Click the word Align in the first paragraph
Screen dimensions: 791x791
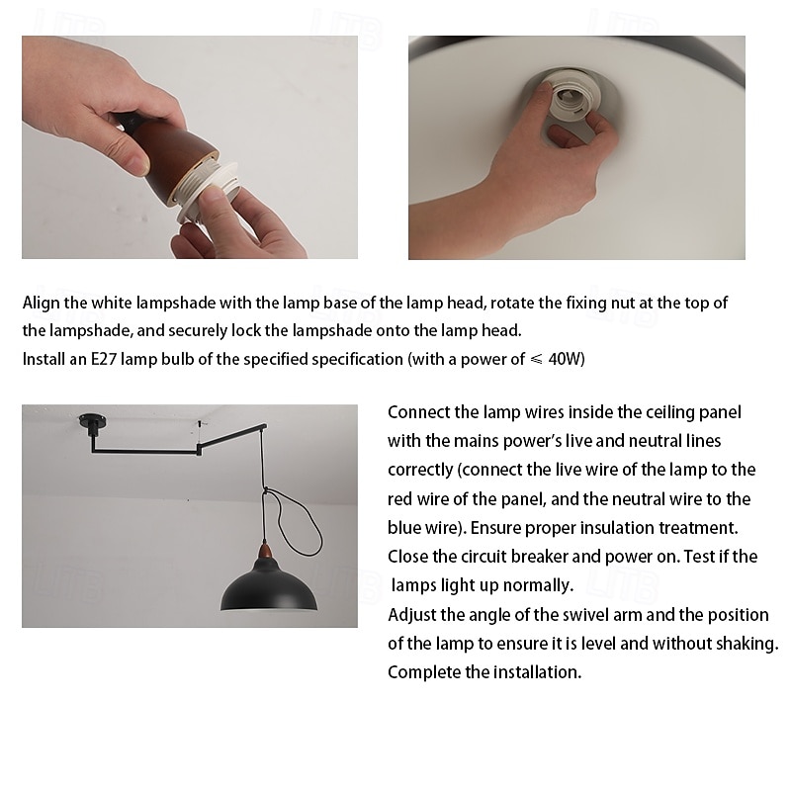pos(41,303)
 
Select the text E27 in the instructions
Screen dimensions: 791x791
pos(104,359)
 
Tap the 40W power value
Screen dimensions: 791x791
pos(566,359)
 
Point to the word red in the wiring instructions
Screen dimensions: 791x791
pos(400,498)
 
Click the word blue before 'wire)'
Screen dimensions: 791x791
pos(403,527)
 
